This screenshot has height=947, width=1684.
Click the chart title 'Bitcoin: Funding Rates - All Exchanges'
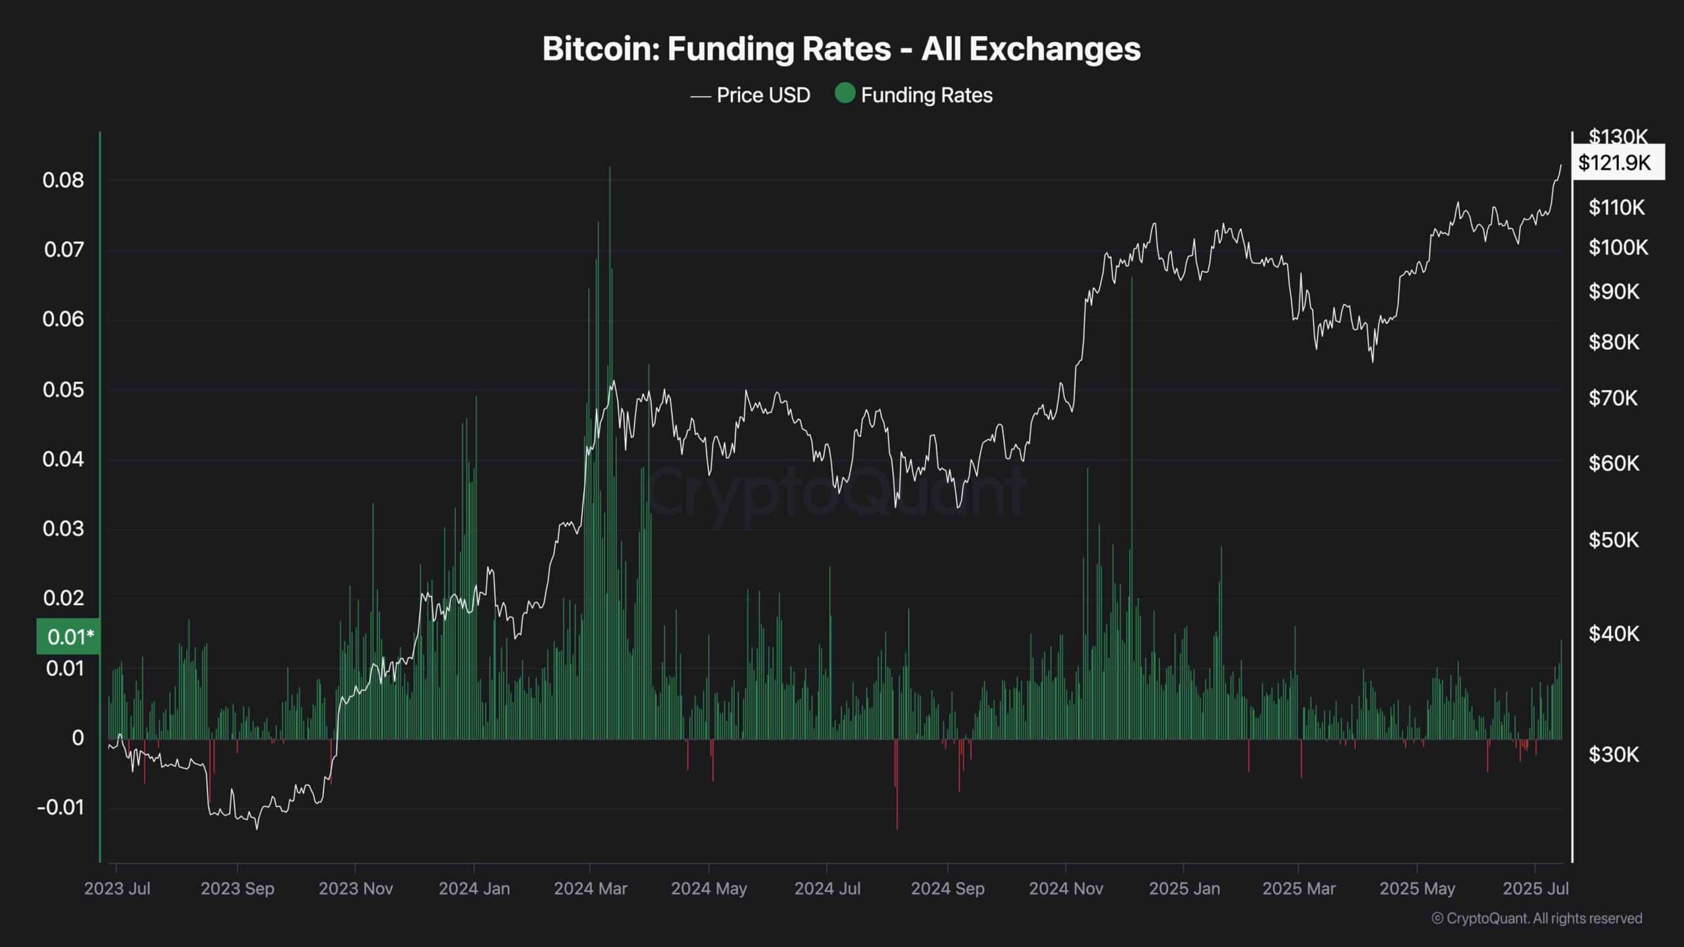(841, 49)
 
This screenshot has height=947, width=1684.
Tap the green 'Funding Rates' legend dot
(845, 93)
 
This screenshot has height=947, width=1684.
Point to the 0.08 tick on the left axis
(63, 180)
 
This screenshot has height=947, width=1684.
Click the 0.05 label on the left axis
(63, 389)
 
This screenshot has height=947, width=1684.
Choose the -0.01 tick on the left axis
(61, 807)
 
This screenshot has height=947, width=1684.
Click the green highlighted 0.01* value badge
(69, 637)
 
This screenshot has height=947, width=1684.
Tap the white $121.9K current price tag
(1618, 162)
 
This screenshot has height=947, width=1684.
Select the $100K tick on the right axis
(1618, 247)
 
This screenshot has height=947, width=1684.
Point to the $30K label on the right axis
(1614, 754)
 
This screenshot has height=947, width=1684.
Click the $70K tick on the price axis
(1614, 398)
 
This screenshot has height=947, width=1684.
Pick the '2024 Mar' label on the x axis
(590, 888)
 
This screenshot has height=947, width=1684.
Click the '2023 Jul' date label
(117, 888)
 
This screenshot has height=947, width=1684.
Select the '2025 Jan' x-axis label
(1184, 888)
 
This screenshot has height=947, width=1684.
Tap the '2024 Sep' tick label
(947, 888)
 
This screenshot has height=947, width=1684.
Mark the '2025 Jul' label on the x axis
(1535, 888)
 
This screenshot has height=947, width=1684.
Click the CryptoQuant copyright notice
(1537, 918)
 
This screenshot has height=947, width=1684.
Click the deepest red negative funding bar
(897, 825)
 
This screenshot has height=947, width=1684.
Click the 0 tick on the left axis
(78, 738)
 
